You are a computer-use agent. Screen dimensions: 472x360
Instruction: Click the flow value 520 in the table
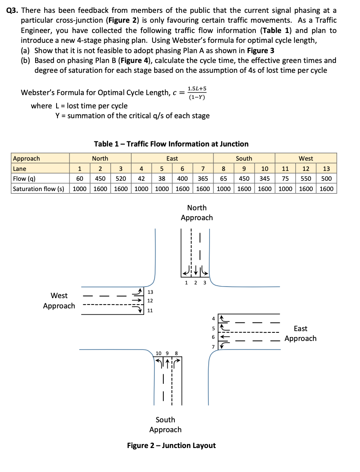click(121, 178)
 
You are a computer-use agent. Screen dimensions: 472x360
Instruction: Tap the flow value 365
click(204, 178)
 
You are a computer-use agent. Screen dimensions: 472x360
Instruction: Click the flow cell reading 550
click(306, 178)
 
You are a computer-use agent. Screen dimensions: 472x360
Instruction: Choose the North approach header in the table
click(100, 158)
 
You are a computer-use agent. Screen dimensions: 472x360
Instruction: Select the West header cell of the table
click(306, 158)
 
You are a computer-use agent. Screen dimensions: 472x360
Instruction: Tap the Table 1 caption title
click(171, 144)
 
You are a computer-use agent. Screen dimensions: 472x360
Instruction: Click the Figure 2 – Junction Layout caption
click(171, 445)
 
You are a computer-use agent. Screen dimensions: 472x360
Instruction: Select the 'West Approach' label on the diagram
click(59, 301)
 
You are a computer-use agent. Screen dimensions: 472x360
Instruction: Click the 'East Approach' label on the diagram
click(300, 334)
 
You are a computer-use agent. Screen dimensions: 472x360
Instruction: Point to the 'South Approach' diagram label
click(165, 424)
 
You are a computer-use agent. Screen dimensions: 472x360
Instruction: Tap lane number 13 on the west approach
click(150, 292)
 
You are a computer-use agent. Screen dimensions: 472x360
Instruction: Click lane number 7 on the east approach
click(213, 346)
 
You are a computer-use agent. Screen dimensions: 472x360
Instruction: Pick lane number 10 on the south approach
click(159, 353)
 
